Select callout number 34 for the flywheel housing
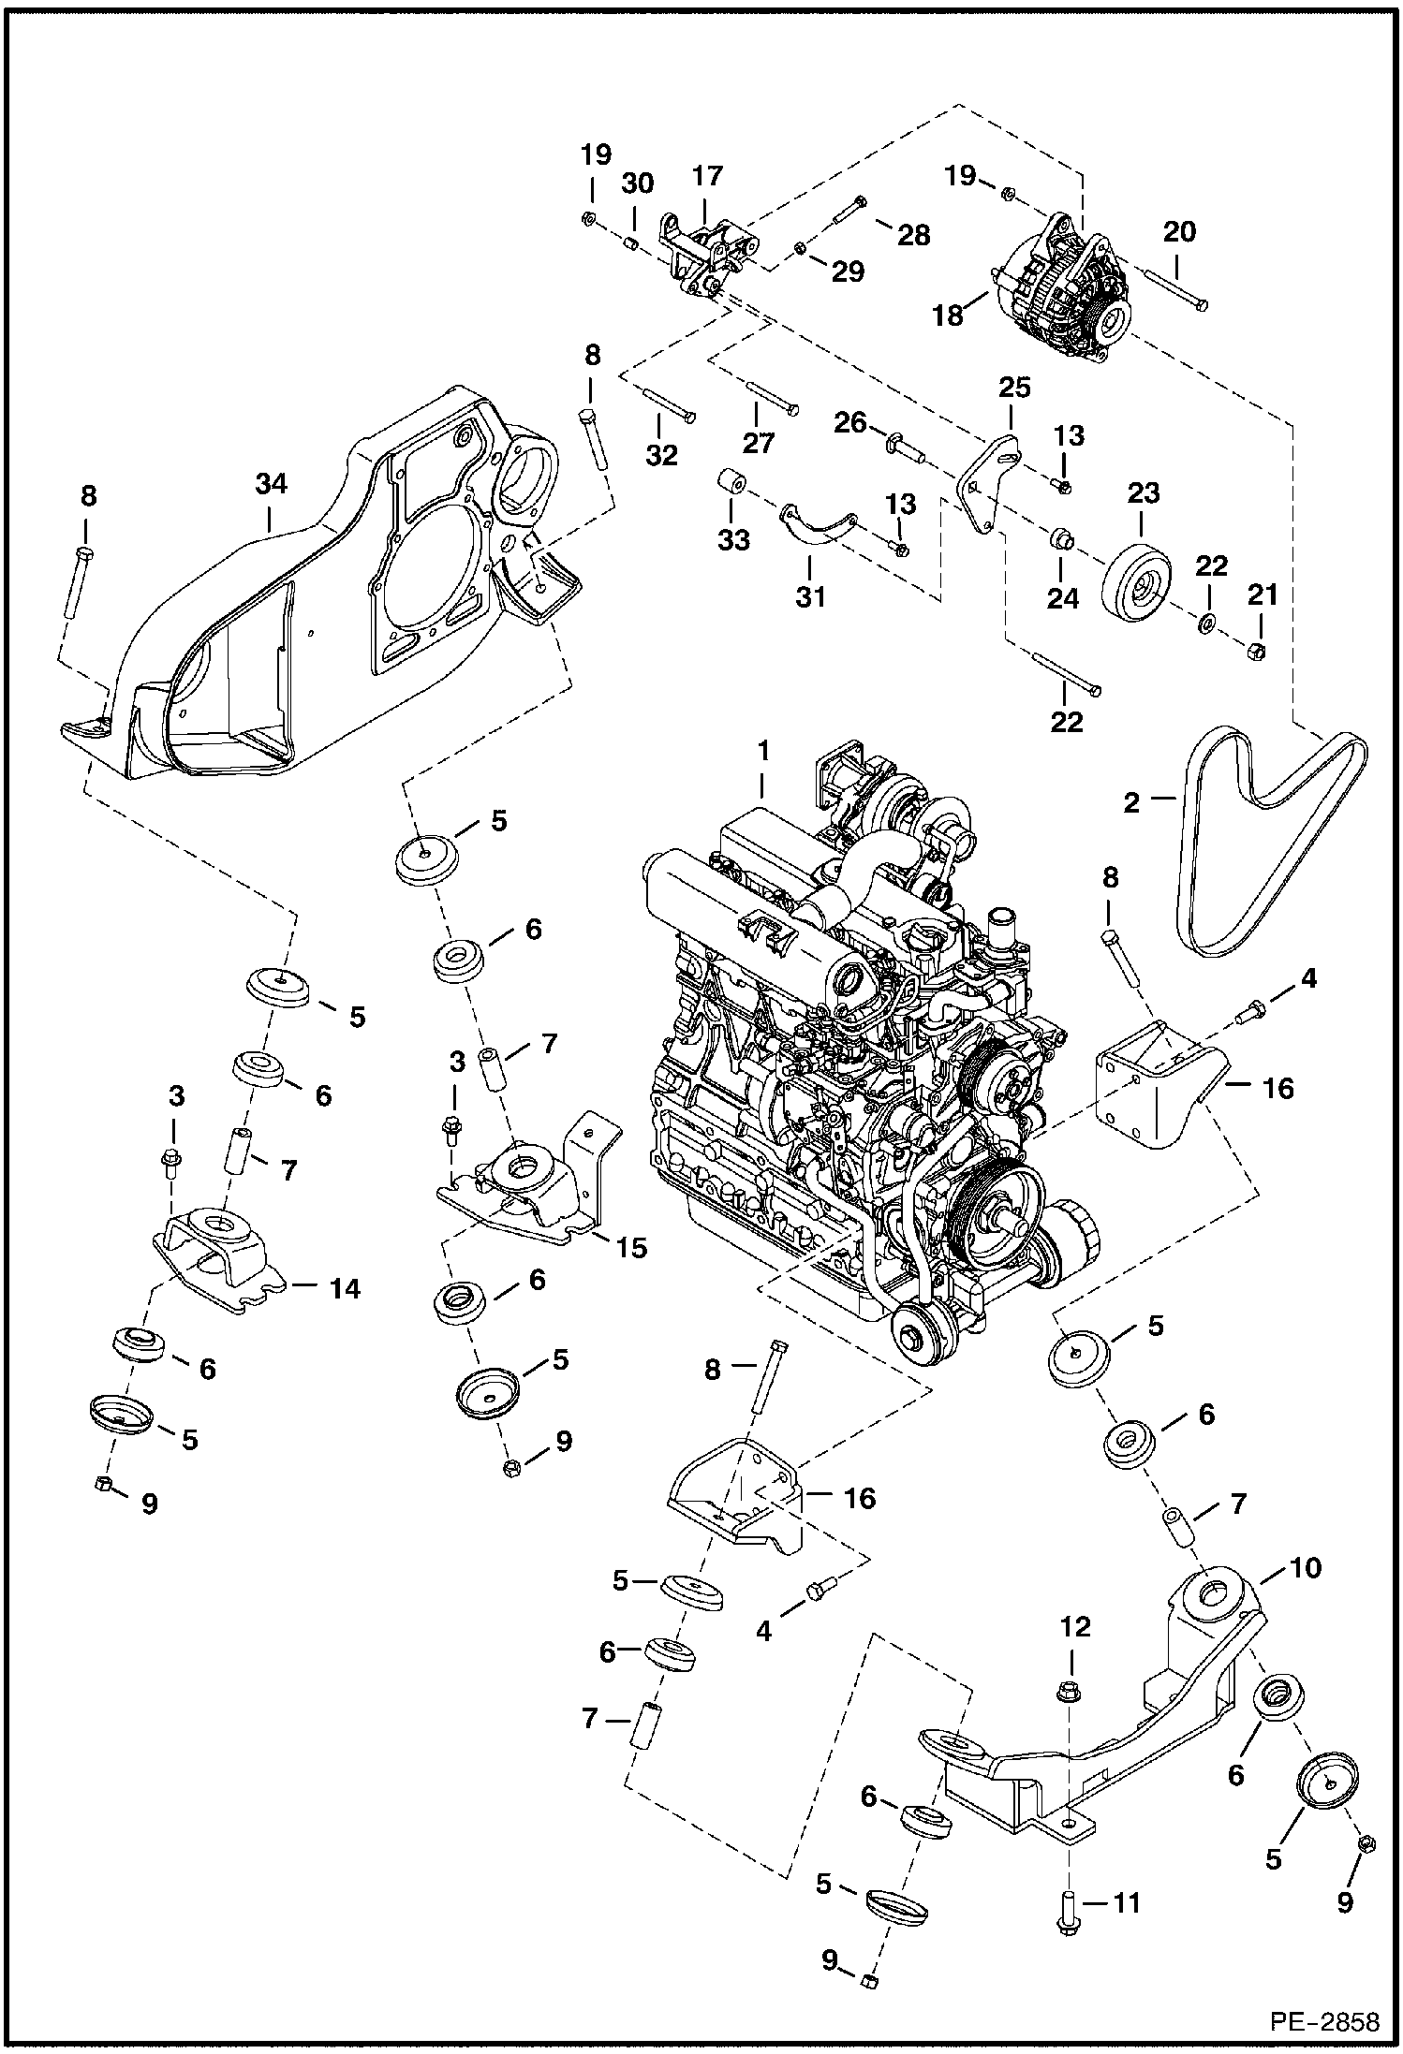271,484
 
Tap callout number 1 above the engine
763,751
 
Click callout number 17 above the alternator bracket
708,176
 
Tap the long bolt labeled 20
1175,286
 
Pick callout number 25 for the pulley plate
1014,387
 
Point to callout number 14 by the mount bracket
345,1289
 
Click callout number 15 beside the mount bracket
632,1248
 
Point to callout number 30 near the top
637,183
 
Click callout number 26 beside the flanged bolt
850,423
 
